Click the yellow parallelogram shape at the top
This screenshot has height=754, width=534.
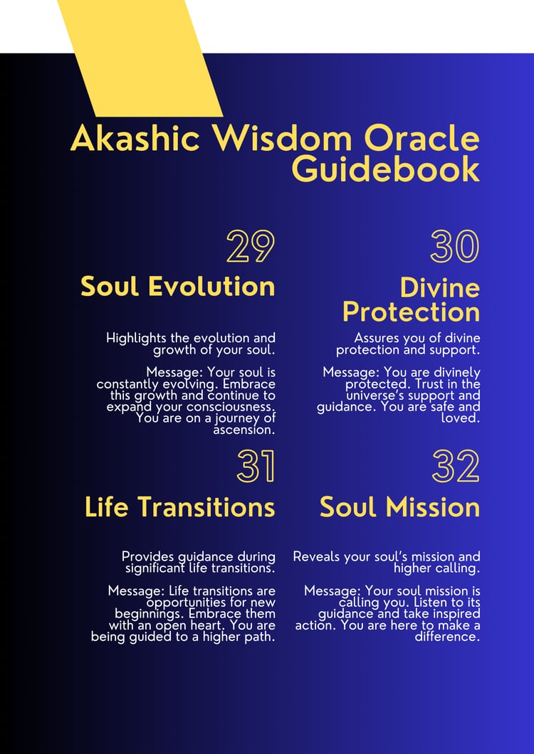[x=140, y=58]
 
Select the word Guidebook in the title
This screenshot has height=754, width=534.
[x=386, y=169]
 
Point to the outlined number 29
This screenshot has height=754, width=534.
[x=251, y=247]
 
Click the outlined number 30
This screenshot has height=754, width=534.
[x=455, y=247]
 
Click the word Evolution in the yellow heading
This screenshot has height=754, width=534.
[x=211, y=286]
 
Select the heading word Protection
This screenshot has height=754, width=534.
[x=412, y=312]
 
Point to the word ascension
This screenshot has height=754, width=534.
[x=244, y=430]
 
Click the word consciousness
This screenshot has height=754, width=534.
[x=224, y=407]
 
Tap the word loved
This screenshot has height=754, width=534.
[x=461, y=418]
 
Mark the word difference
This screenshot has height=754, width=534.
[x=447, y=637]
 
